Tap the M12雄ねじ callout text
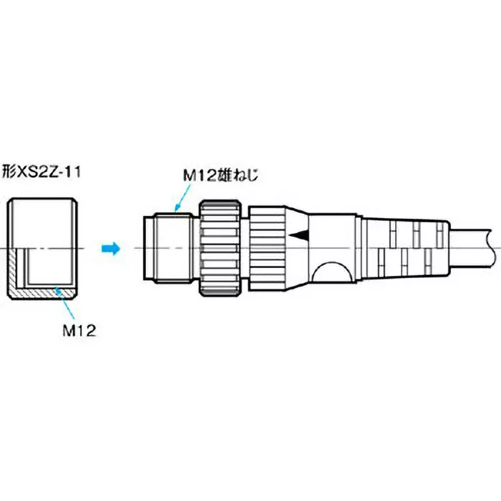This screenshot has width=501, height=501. pyautogui.click(x=221, y=177)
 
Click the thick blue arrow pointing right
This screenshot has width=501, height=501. pyautogui.click(x=110, y=249)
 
